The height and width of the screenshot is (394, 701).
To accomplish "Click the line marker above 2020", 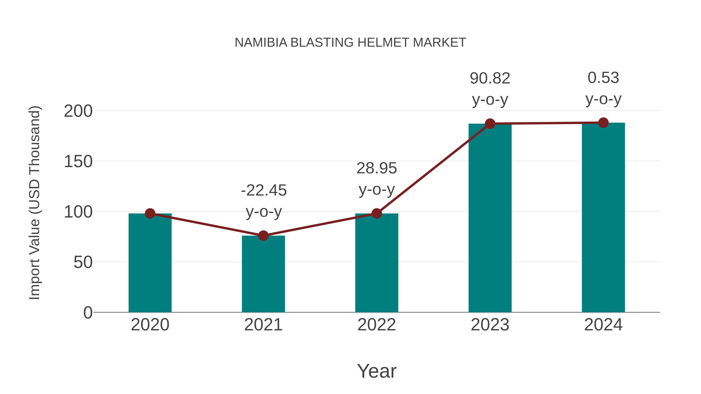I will (x=150, y=213).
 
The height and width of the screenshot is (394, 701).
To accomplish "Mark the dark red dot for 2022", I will (x=377, y=213).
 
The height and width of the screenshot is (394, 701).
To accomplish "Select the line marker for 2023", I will (x=490, y=124).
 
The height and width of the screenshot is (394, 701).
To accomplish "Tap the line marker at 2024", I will (x=603, y=123).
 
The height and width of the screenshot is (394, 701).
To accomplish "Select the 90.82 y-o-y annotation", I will (x=490, y=89).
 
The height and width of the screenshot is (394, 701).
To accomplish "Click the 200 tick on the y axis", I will (x=78, y=111).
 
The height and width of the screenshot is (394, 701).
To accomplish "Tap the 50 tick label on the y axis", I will (x=83, y=262).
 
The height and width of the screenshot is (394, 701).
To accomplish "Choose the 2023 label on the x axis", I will (x=490, y=325).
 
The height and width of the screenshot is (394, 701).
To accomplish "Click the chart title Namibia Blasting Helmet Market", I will (x=350, y=43).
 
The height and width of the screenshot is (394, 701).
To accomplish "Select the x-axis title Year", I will (x=377, y=371).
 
